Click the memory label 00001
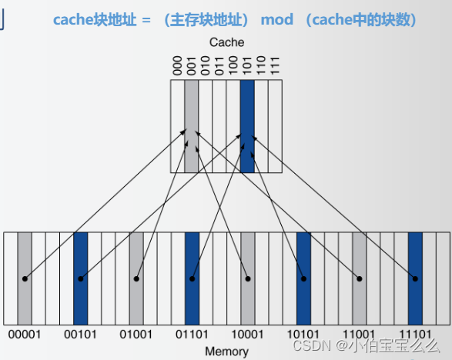[x=24, y=335]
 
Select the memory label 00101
[x=80, y=335]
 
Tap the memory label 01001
[x=136, y=335]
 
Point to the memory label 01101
[x=192, y=335]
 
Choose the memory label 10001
[x=247, y=335]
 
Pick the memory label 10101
[x=303, y=335]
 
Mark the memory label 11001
[x=359, y=335]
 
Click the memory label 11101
[x=415, y=335]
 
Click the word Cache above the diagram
[x=226, y=43]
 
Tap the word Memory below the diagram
[x=226, y=352]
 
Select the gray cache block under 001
[x=191, y=127]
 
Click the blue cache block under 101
[x=246, y=127]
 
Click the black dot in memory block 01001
[x=136, y=278]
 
